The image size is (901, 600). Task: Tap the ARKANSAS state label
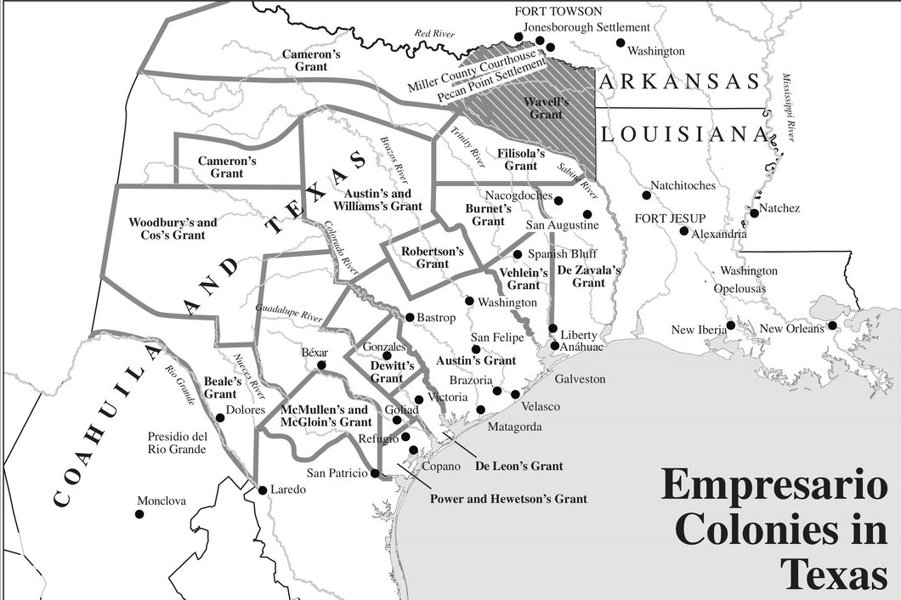coord(677,82)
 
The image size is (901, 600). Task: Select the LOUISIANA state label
coord(682,133)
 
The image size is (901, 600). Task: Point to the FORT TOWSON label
coord(558,11)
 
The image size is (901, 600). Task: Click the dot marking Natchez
coord(754,212)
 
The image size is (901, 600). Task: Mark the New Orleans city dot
coord(832,325)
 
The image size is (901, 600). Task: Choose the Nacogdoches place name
coord(518,195)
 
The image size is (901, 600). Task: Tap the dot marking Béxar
coord(321,365)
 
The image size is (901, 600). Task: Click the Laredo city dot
coord(262,490)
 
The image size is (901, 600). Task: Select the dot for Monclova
coord(140,513)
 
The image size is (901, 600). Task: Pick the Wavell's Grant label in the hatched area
coord(545,107)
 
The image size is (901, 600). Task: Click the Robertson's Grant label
coord(433,258)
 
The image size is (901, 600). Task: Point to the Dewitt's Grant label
coord(392,371)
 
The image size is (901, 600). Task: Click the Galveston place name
coord(579,379)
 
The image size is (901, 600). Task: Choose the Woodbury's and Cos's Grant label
coord(173,229)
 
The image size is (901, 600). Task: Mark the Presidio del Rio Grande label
coord(177,443)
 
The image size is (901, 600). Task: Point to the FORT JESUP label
coord(670,218)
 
